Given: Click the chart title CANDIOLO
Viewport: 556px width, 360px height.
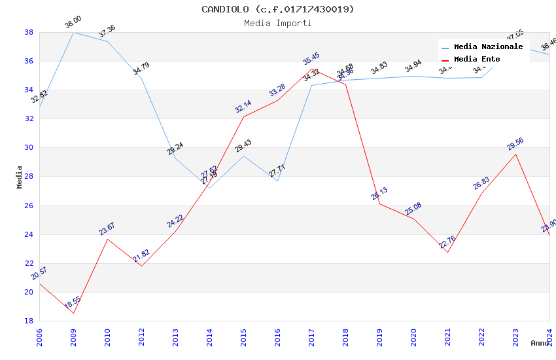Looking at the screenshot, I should click(277, 9).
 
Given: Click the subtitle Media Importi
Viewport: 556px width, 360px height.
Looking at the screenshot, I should click(277, 23).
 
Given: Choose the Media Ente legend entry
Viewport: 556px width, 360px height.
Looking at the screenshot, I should click(477, 59).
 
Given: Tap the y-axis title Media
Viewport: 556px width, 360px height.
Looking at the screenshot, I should click(20, 176).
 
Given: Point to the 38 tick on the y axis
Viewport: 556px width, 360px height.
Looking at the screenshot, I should click(29, 32).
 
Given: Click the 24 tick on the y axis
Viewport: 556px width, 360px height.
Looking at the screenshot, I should click(29, 234).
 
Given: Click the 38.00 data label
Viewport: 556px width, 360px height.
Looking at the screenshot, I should click(73, 24).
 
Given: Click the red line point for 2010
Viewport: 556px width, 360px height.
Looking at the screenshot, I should click(107, 239).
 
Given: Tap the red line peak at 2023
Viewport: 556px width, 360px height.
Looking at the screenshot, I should click(515, 154).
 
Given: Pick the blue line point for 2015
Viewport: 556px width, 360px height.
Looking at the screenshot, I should click(243, 156).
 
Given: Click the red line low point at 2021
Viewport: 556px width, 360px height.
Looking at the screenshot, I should click(447, 252).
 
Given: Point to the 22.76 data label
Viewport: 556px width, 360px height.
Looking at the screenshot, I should click(447, 242).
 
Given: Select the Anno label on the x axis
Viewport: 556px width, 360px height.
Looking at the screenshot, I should click(540, 343).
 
